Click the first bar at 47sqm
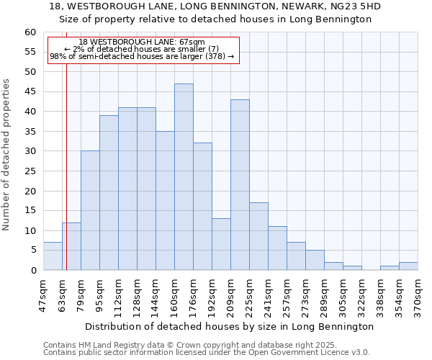tap(53, 256)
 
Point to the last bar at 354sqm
tap(408, 266)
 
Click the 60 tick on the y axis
tap(30, 32)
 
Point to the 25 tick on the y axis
tap(30, 171)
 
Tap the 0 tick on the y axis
tap(32, 271)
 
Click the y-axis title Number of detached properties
tap(7, 155)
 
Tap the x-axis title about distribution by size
tap(230, 326)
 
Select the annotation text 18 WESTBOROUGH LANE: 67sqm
tap(142, 42)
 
